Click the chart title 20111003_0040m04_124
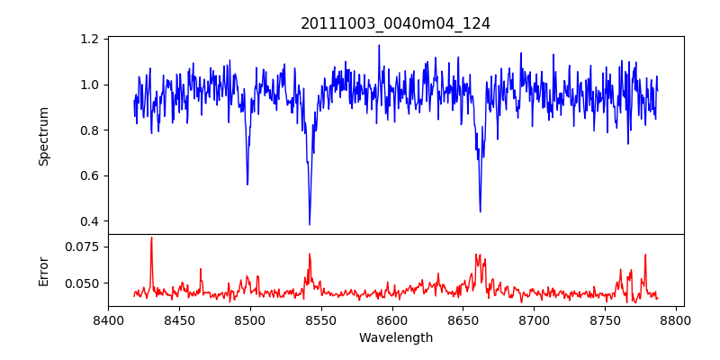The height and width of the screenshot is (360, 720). tap(395, 23)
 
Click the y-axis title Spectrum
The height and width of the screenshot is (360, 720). tap(43, 136)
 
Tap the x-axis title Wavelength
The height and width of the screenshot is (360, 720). tap(395, 338)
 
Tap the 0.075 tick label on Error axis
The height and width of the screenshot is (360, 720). tap(83, 247)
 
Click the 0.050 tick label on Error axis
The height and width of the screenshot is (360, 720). tap(83, 283)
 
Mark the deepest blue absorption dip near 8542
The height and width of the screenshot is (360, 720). tap(310, 224)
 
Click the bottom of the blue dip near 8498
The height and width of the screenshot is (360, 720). tap(247, 184)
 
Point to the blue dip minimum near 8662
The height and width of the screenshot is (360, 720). tap(480, 211)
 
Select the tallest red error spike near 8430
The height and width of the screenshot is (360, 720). tap(151, 238)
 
